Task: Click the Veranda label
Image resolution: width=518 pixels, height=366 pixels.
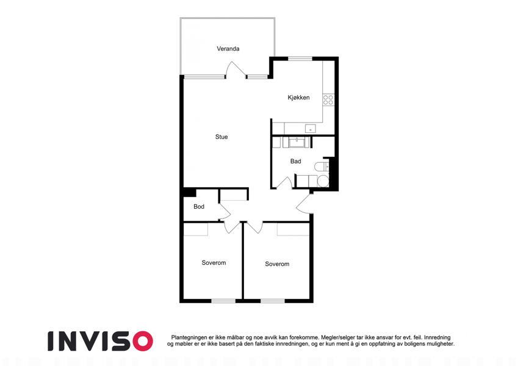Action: click(x=228, y=49)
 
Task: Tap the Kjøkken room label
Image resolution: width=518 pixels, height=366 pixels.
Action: click(x=298, y=98)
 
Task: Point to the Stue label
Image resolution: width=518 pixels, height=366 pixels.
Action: click(x=221, y=137)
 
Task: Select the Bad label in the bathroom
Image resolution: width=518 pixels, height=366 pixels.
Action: click(x=296, y=161)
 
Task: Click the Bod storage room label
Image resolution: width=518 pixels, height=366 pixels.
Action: click(x=199, y=206)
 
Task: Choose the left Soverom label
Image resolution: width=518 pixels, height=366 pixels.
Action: click(x=214, y=263)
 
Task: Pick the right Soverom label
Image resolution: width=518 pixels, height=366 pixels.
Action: click(x=277, y=264)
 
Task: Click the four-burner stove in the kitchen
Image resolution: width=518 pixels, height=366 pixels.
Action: click(x=328, y=100)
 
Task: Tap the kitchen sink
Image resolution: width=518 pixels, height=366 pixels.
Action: click(x=310, y=129)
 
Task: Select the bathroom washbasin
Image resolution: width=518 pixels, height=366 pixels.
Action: click(x=298, y=143)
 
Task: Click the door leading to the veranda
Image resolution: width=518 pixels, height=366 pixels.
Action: click(x=236, y=70)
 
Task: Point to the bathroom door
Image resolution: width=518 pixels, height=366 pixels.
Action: click(x=284, y=182)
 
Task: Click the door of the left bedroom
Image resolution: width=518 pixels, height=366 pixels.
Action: click(x=232, y=227)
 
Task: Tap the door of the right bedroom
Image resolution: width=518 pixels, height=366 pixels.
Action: click(x=254, y=227)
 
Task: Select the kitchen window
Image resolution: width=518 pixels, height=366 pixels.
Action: click(x=300, y=59)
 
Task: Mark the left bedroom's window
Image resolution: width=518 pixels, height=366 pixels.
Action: click(x=223, y=301)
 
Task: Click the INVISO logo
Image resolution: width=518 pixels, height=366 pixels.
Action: click(x=100, y=341)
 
